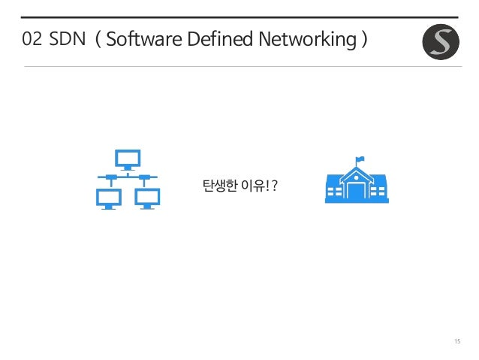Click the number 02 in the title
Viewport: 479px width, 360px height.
tap(32, 39)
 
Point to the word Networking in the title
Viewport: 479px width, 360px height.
tap(303, 39)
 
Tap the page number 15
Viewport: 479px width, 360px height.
tap(456, 343)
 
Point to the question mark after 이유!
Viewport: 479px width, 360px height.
tap(276, 185)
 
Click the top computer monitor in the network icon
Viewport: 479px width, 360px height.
tap(126, 159)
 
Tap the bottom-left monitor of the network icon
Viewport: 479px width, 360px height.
tap(109, 198)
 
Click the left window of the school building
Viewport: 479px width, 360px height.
tap(334, 192)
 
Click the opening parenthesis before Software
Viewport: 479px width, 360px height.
tap(98, 39)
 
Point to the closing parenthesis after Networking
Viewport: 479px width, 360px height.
tap(363, 39)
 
